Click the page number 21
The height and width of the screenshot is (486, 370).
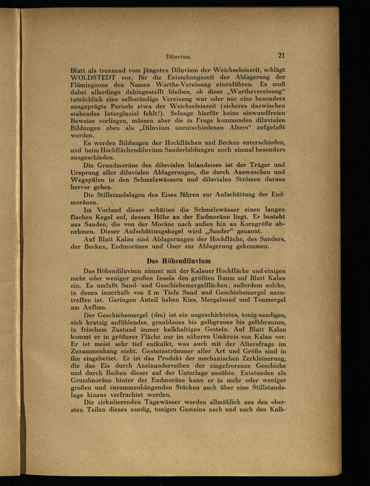[x=281, y=56]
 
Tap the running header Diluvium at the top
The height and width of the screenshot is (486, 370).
[x=178, y=57]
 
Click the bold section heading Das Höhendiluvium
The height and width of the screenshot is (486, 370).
[x=179, y=261]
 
